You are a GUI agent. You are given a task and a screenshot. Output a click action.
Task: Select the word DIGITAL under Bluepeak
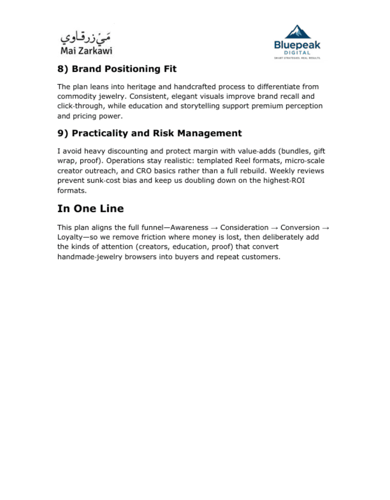(x=297, y=53)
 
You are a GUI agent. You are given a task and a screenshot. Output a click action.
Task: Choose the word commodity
(x=76, y=96)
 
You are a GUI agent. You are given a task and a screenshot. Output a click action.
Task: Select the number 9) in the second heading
(x=63, y=133)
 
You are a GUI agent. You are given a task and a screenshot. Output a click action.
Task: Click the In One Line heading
(x=90, y=209)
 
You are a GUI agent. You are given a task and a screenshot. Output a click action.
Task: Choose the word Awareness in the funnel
(x=189, y=228)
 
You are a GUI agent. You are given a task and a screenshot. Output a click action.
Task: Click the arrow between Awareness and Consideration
(x=214, y=228)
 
